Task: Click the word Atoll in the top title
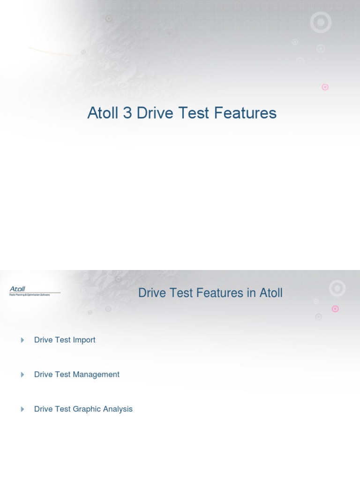coord(103,113)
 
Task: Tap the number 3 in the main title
coord(127,113)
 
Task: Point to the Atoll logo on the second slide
coord(18,290)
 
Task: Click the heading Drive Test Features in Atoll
coord(210,293)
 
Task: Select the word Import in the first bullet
coord(84,340)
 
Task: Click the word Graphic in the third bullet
coord(87,409)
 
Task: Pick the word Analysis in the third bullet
coord(118,409)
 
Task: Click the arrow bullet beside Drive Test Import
coord(22,340)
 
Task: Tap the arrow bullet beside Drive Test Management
coord(22,375)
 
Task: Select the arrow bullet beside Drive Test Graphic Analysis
coord(22,409)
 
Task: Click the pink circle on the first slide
coord(325,87)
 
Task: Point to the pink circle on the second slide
coord(335,309)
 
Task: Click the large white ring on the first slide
coord(321,22)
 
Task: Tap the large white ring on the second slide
coord(337,288)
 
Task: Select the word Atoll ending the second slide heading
coord(271,293)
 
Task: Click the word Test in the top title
coord(192,113)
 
